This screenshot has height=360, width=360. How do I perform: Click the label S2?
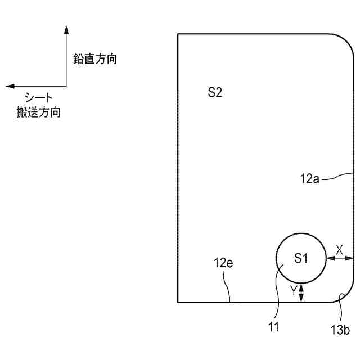(x=215, y=92)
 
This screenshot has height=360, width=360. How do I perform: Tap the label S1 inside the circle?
(x=301, y=258)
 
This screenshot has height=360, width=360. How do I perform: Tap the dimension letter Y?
(x=293, y=291)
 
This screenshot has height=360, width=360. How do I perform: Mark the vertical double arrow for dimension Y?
(x=301, y=292)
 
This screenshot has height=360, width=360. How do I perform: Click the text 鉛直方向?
(x=95, y=58)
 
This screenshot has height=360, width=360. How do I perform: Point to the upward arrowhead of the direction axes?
(x=66, y=29)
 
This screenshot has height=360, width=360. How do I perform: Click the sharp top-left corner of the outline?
(x=178, y=34)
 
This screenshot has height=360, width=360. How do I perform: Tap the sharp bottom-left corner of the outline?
(x=178, y=302)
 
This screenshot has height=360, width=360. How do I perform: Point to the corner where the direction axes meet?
(x=66, y=86)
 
